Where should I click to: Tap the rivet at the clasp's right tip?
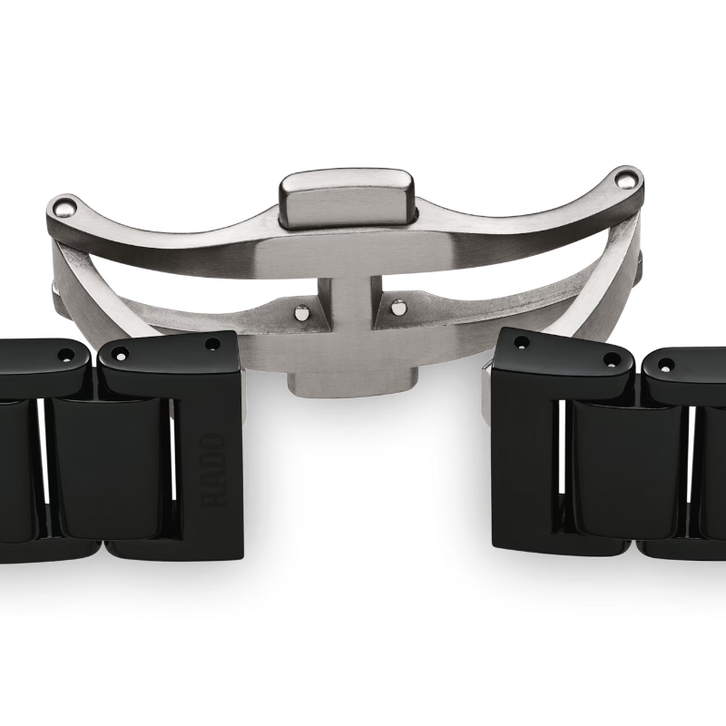(626, 176)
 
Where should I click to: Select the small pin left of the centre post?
(300, 311)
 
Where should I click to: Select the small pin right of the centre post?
(396, 309)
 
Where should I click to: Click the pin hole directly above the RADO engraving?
(211, 344)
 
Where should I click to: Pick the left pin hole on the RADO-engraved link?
(122, 353)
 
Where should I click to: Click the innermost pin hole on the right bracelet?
(521, 342)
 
